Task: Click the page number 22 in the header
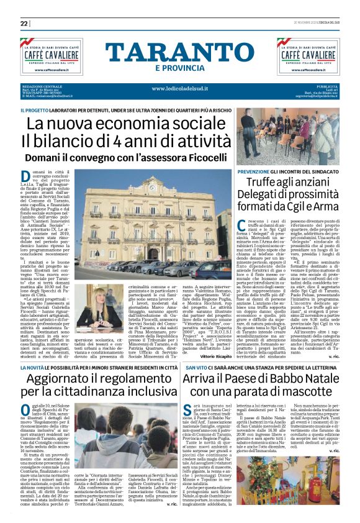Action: click(25, 23)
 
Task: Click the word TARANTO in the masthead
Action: click(179, 53)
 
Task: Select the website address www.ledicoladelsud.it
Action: click(179, 89)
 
